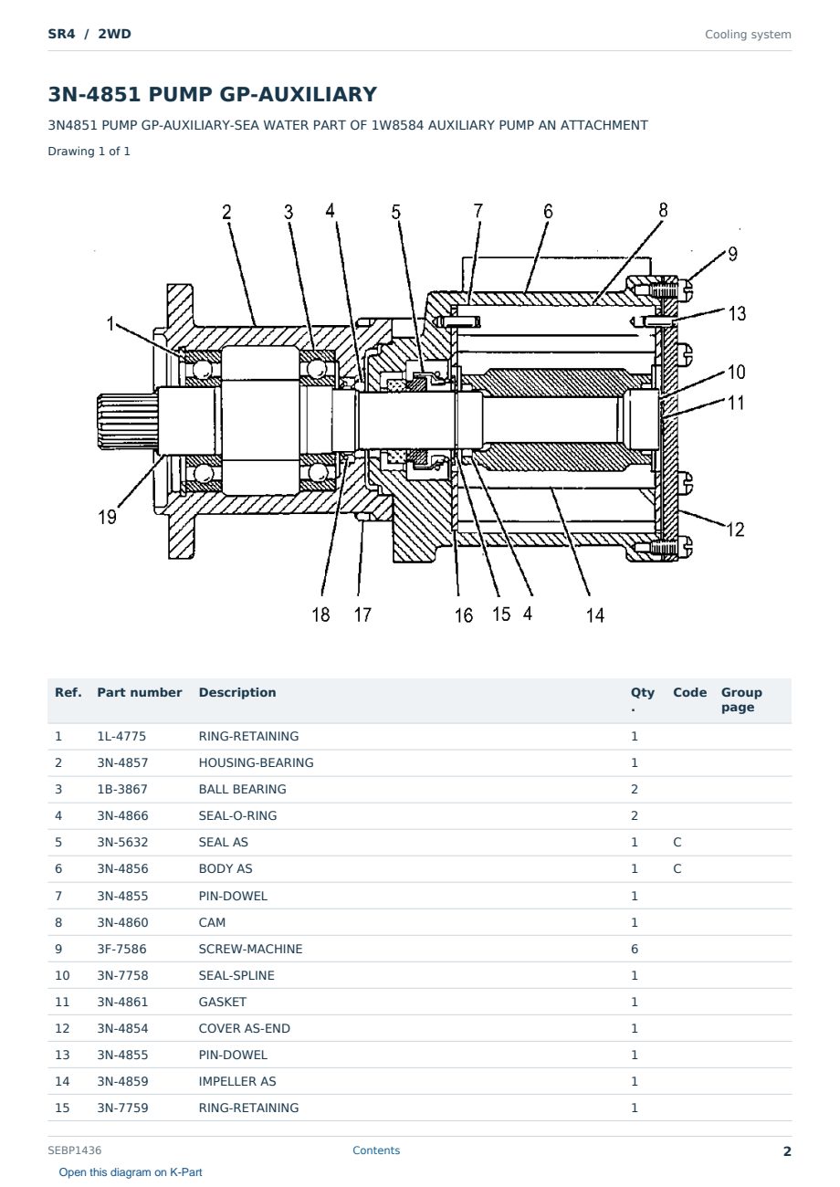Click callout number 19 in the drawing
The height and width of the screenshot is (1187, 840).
[x=107, y=516]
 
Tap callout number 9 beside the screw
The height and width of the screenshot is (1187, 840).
[x=732, y=254]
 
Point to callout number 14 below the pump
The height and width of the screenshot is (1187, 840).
[x=594, y=615]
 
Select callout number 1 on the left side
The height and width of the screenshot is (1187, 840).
[x=110, y=323]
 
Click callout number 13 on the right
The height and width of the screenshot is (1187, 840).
[x=737, y=313]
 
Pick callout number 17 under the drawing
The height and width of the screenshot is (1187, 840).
[x=362, y=615]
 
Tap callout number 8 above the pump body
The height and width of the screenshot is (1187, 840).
[x=663, y=210]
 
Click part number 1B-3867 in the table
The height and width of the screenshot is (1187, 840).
[x=122, y=789]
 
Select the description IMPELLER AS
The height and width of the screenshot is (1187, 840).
[x=237, y=1081]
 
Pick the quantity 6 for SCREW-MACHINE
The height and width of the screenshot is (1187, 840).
[x=635, y=949]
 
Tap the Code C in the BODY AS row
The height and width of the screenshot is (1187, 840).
[x=677, y=868]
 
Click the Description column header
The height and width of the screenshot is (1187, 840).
[x=237, y=692]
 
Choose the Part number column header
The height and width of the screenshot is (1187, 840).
[x=140, y=692]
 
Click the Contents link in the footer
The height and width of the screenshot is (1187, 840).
[x=376, y=1150]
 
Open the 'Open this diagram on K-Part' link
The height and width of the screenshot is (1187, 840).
[x=131, y=1171]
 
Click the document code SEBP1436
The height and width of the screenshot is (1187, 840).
[x=75, y=1150]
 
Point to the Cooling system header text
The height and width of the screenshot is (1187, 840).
[x=748, y=35]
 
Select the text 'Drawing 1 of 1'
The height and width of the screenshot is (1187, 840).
[x=89, y=151]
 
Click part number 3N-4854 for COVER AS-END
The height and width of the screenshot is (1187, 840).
[x=122, y=1028]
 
